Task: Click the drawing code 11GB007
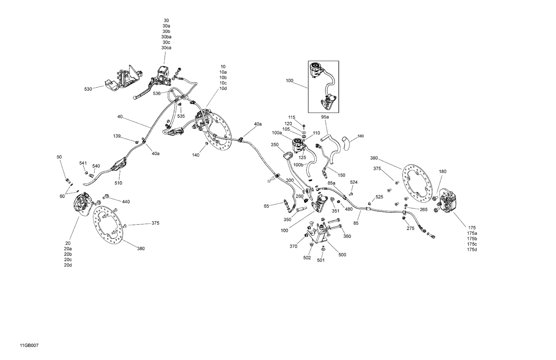click(29, 346)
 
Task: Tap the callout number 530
click(88, 89)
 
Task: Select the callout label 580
click(361, 136)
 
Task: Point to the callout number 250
click(275, 144)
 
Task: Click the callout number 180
click(443, 171)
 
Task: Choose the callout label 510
click(118, 183)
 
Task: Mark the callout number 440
click(126, 201)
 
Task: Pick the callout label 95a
click(325, 117)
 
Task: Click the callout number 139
click(117, 136)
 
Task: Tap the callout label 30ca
click(166, 48)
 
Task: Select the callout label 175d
click(472, 250)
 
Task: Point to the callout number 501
click(321, 260)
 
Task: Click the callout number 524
click(354, 182)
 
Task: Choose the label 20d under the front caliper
click(68, 265)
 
